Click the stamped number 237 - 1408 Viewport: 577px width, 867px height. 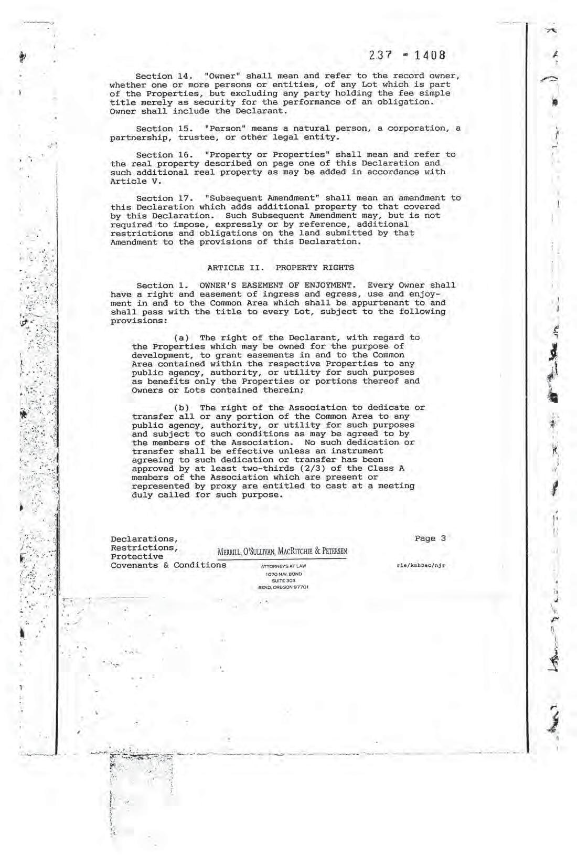pyautogui.click(x=407, y=55)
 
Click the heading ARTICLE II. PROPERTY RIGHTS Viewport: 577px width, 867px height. pyautogui.click(x=280, y=268)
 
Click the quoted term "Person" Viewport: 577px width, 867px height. pyautogui.click(x=225, y=129)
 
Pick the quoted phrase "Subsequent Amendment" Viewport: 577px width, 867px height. pyautogui.click(x=262, y=198)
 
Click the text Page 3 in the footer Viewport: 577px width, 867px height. pyautogui.click(x=430, y=538)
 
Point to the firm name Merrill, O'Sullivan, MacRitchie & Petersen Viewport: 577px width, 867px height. pyautogui.click(x=282, y=552)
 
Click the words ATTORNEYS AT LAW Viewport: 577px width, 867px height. pyautogui.click(x=283, y=567)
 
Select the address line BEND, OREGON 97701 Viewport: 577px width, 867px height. pyautogui.click(x=283, y=587)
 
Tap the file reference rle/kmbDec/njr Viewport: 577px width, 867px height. pyautogui.click(x=422, y=566)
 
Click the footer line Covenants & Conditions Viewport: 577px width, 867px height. pyautogui.click(x=168, y=565)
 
